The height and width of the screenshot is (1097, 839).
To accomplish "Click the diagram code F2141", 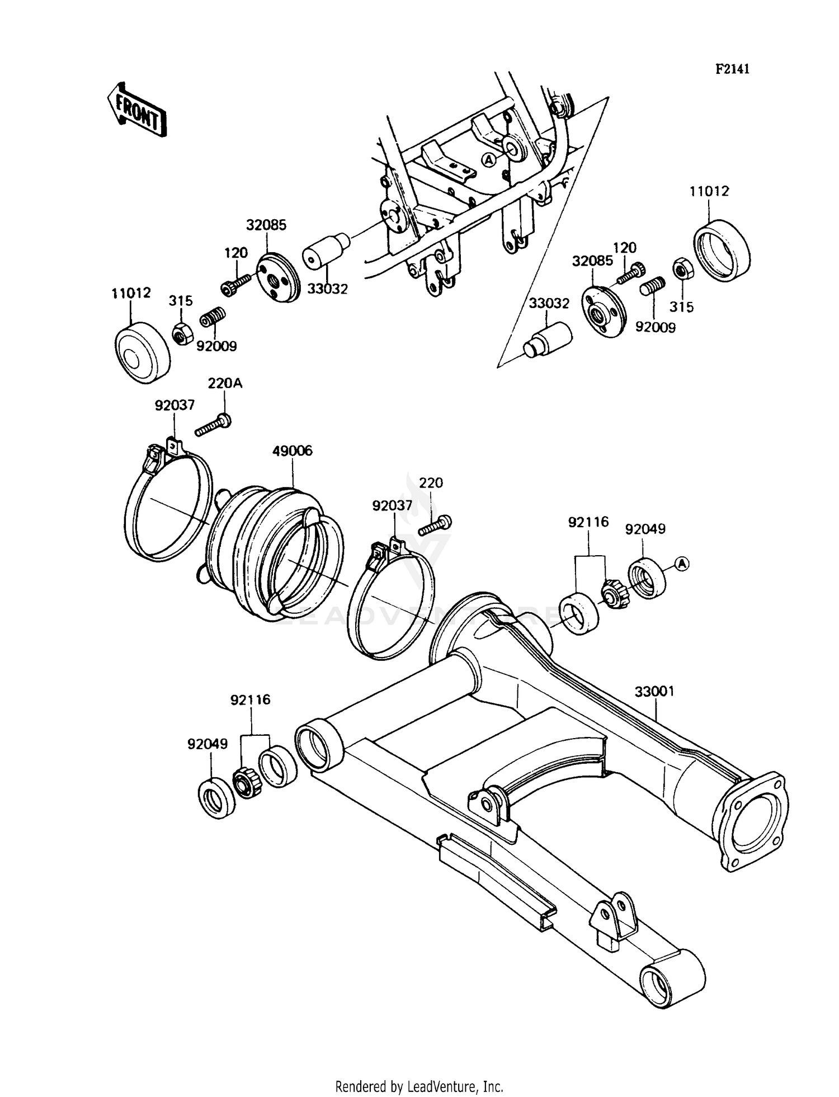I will (x=732, y=69).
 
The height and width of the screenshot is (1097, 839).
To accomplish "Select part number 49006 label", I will (x=292, y=451).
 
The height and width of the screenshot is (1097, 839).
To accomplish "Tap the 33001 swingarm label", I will (x=654, y=692).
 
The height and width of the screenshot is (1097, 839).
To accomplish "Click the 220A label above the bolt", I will (x=225, y=384).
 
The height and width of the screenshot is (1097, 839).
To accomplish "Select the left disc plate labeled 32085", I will (x=278, y=278).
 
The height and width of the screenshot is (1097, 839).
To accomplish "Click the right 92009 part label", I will (x=655, y=327).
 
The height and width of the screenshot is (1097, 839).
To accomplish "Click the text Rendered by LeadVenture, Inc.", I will (x=419, y=1085).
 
